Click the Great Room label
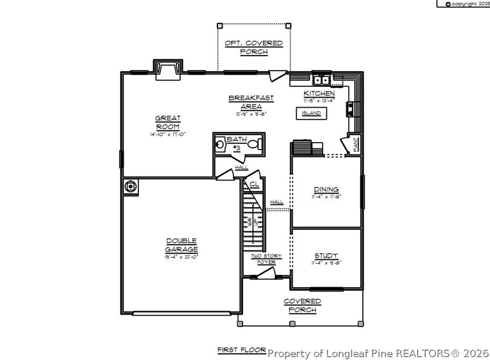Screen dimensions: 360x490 click(x=167, y=123)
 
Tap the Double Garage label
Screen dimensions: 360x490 click(x=181, y=245)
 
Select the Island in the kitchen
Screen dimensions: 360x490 click(x=311, y=113)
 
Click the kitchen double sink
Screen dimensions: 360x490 click(x=321, y=79)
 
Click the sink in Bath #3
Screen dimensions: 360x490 click(x=221, y=144)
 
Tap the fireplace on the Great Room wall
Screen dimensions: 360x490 click(x=167, y=69)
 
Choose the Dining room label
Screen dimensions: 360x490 click(x=326, y=189)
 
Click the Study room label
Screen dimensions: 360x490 click(x=326, y=255)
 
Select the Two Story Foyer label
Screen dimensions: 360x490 click(x=267, y=259)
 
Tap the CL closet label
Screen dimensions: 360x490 click(x=254, y=184)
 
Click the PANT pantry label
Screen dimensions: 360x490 click(x=356, y=145)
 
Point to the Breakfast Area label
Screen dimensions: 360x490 click(x=251, y=102)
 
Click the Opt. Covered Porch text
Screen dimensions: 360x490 click(x=254, y=47)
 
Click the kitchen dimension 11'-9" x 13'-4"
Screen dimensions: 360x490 click(x=319, y=101)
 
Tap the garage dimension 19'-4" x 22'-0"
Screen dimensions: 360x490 click(x=181, y=257)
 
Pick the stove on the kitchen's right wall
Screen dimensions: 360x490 click(x=351, y=109)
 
